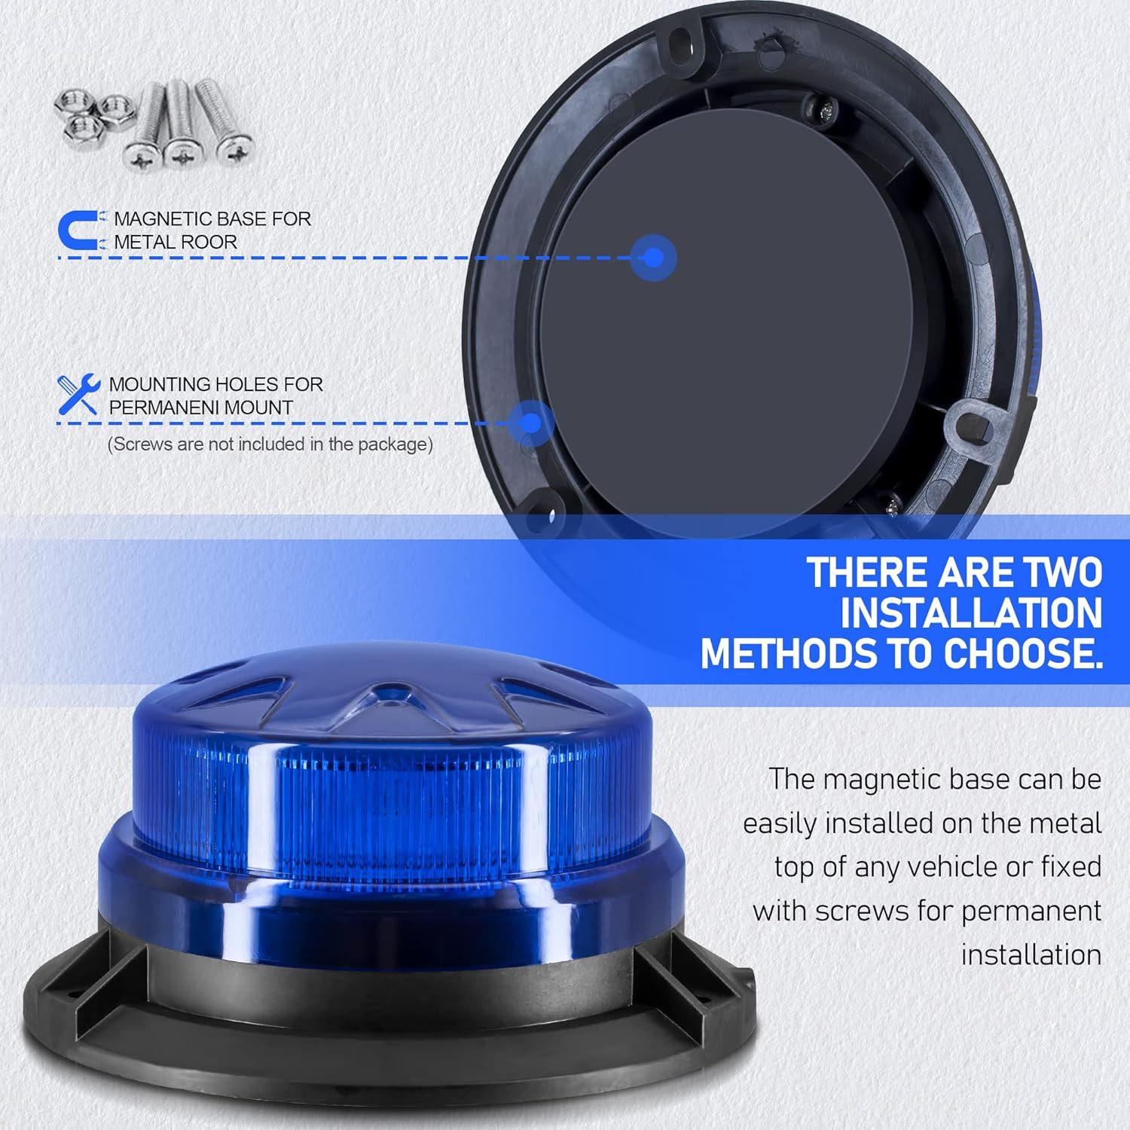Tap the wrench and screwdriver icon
[x=78, y=394]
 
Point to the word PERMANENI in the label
[x=163, y=408]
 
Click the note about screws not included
[x=270, y=444]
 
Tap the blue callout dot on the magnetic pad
[x=654, y=258]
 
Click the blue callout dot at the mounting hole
[x=531, y=423]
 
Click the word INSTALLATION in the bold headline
[x=971, y=613]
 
